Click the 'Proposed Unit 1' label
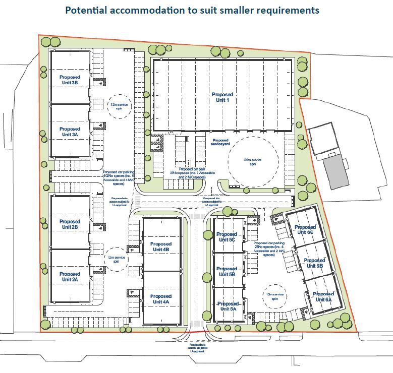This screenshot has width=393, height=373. (222, 97)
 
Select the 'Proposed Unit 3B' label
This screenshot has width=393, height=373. (70, 80)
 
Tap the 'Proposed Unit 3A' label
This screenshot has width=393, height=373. (70, 132)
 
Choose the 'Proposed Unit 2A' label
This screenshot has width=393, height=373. (70, 276)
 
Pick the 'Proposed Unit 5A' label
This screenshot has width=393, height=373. (228, 306)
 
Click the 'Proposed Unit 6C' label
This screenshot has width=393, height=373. (304, 230)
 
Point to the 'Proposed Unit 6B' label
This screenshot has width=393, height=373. (314, 263)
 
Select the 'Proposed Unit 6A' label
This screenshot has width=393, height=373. (323, 296)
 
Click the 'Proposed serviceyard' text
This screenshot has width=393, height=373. (220, 142)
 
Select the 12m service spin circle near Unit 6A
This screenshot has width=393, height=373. (275, 296)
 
